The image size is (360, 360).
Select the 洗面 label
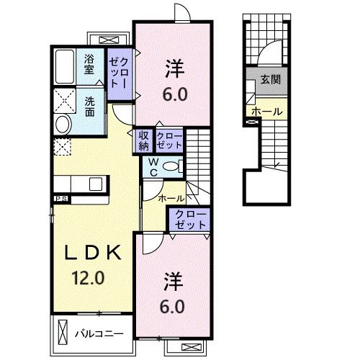pos(90,106)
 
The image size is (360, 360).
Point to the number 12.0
pos(88,278)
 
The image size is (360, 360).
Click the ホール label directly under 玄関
pos(266,112)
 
